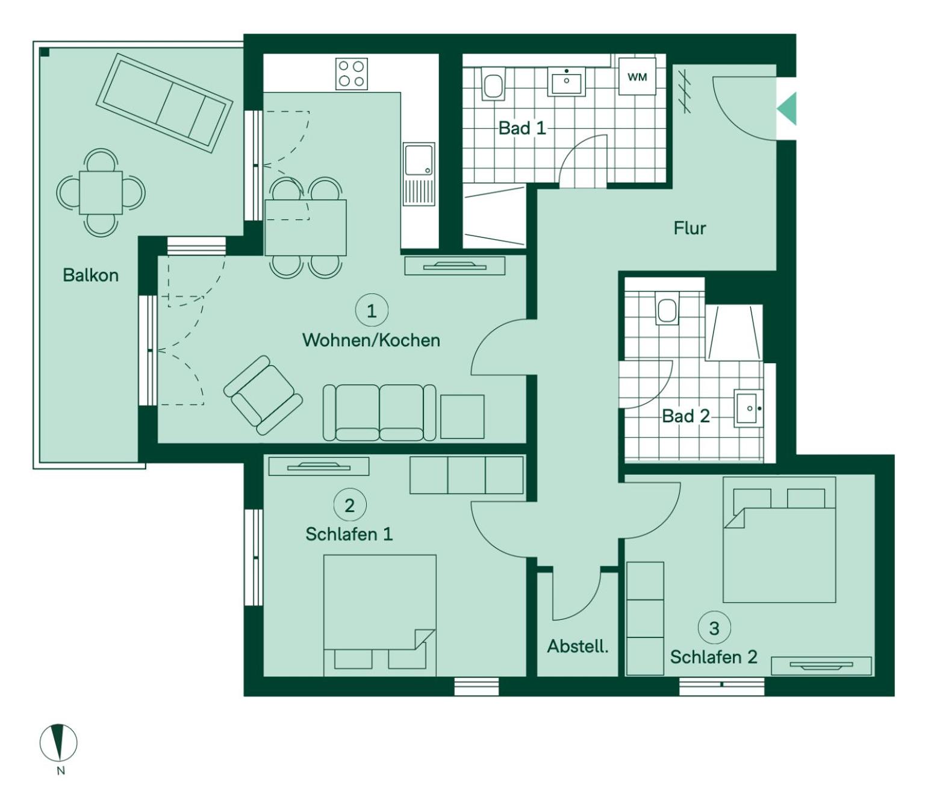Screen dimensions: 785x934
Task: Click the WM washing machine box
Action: tap(637, 77)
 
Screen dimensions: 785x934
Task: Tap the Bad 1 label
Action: tap(522, 128)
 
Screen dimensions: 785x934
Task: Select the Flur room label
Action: tap(690, 228)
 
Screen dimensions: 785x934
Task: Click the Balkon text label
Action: tap(90, 275)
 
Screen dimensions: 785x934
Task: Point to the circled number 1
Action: tap(372, 311)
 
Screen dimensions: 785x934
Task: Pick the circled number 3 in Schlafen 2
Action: tap(714, 628)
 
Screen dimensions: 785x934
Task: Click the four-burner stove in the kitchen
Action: tap(352, 74)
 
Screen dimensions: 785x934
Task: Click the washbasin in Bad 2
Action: tap(749, 409)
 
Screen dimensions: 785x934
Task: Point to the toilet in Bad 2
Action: tap(667, 310)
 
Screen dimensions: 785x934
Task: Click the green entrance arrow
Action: tap(786, 109)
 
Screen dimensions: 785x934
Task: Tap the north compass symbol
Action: tap(58, 742)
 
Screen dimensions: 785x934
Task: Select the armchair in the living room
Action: tap(263, 395)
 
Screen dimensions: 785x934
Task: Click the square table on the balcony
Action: tap(101, 193)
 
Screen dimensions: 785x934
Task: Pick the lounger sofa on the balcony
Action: tap(164, 103)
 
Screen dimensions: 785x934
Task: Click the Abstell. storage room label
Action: tap(578, 646)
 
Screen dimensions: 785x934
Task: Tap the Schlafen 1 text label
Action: tap(349, 534)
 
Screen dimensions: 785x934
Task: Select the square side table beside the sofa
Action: tap(462, 416)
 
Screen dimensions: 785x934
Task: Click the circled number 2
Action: tap(349, 505)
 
